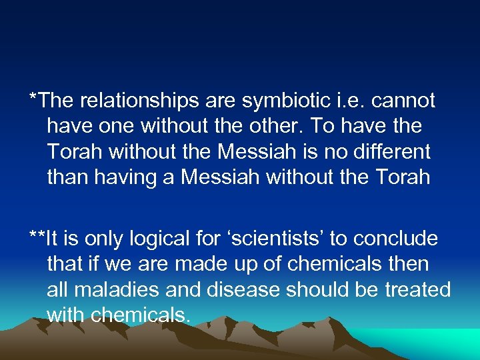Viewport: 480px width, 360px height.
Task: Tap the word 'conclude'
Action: pyautogui.click(x=396, y=239)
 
